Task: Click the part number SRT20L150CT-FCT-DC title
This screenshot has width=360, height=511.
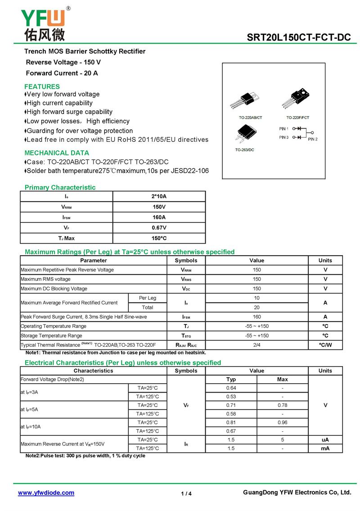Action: pyautogui.click(x=298, y=38)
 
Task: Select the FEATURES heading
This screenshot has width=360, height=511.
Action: pyautogui.click(x=42, y=86)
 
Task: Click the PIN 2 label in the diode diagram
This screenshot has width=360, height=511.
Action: pyautogui.click(x=313, y=139)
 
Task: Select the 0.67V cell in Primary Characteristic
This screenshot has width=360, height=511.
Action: pyautogui.click(x=159, y=228)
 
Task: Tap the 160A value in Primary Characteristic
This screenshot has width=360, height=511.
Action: pyautogui.click(x=159, y=217)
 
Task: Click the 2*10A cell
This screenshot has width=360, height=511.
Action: pyautogui.click(x=159, y=196)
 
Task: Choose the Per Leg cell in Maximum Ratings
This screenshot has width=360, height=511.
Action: pyautogui.click(x=148, y=298)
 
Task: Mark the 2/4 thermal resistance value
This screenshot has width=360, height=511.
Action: pyautogui.click(x=256, y=345)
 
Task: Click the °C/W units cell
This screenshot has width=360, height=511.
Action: pyautogui.click(x=325, y=345)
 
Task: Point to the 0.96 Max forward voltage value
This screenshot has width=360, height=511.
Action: pyautogui.click(x=282, y=422)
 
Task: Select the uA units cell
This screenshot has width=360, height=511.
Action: pyautogui.click(x=325, y=439)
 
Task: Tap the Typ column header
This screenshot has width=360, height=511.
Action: pyautogui.click(x=231, y=379)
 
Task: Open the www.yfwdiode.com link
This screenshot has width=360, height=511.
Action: pyautogui.click(x=46, y=493)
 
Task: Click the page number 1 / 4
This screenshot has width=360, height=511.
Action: pyautogui.click(x=186, y=493)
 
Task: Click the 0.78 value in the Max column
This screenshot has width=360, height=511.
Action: pyautogui.click(x=282, y=405)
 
